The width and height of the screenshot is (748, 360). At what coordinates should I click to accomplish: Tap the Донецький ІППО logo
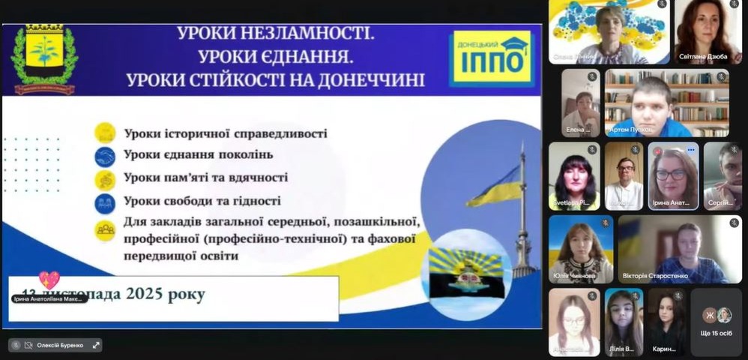pos(491,58)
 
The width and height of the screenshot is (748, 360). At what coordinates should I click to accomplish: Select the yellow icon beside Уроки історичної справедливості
pos(105,133)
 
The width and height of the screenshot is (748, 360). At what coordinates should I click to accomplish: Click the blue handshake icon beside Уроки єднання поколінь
pos(105,156)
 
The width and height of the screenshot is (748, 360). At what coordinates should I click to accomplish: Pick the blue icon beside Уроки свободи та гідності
pos(105,202)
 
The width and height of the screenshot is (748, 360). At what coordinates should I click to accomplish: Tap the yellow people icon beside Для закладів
pos(105,229)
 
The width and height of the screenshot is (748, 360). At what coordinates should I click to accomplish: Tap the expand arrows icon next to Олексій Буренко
pos(96,345)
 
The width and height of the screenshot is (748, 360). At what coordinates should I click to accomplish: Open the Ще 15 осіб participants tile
pos(716,322)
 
